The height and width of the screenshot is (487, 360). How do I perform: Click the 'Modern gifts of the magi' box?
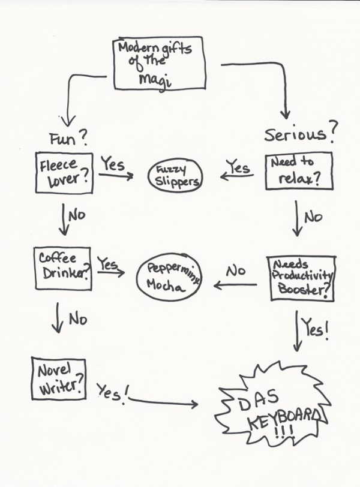click(159, 63)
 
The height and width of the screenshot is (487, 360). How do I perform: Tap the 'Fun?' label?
click(68, 140)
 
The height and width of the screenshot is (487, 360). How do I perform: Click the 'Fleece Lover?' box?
click(64, 173)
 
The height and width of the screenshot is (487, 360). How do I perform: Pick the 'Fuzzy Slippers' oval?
click(175, 176)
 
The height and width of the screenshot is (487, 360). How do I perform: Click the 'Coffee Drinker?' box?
click(62, 264)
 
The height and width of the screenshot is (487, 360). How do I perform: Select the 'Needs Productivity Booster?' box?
click(301, 278)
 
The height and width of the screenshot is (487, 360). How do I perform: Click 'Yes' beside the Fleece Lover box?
click(112, 164)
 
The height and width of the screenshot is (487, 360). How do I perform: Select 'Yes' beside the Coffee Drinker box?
click(108, 263)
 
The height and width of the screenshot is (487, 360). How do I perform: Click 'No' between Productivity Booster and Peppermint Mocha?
click(235, 270)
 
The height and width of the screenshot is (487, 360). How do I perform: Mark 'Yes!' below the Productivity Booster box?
click(315, 330)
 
